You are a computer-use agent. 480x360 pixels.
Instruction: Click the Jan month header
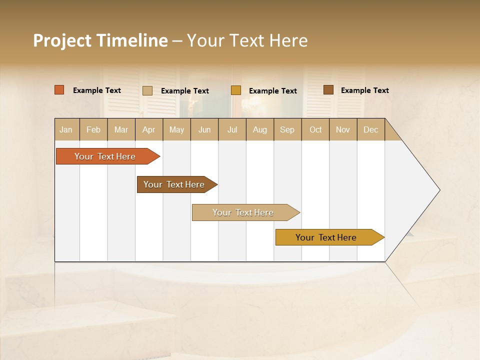pyautogui.click(x=66, y=129)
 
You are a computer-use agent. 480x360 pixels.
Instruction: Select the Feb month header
pyautogui.click(x=93, y=129)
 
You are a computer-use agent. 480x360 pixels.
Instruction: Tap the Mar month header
pyautogui.click(x=121, y=129)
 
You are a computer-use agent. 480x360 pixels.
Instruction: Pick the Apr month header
pyautogui.click(x=149, y=129)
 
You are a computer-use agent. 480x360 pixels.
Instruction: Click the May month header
pyautogui.click(x=176, y=129)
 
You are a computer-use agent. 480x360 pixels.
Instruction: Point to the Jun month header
pyautogui.click(x=204, y=129)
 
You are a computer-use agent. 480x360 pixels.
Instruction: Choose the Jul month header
pyautogui.click(x=232, y=129)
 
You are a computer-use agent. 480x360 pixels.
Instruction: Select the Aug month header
pyautogui.click(x=260, y=129)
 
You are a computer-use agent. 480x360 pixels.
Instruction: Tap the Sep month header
pyautogui.click(x=287, y=129)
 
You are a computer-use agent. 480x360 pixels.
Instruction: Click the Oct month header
pyautogui.click(x=315, y=129)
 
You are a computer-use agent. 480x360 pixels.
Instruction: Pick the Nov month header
pyautogui.click(x=343, y=129)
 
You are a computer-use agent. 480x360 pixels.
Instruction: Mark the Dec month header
pyautogui.click(x=371, y=129)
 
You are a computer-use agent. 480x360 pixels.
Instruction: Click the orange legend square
pyautogui.click(x=59, y=90)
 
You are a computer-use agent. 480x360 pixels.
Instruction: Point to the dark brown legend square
pyautogui.click(x=328, y=90)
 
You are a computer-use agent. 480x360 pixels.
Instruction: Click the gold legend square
pyautogui.click(x=236, y=90)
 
